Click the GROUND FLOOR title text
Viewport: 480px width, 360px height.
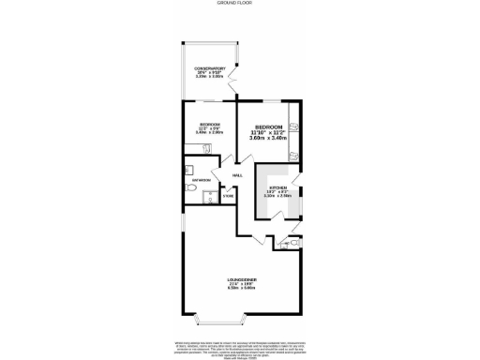click(x=239, y=4)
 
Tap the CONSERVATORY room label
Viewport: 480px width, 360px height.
click(x=209, y=68)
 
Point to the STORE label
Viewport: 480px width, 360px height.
click(x=227, y=196)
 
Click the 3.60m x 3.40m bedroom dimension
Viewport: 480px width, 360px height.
click(x=266, y=138)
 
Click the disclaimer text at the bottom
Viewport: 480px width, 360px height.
click(x=239, y=347)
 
